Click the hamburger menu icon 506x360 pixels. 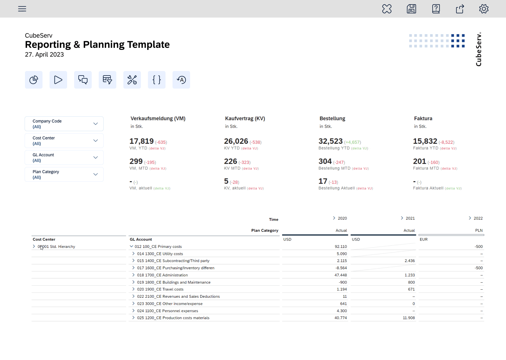[x=22, y=9]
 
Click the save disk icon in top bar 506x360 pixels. [x=411, y=9]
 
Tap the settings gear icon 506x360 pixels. [x=484, y=9]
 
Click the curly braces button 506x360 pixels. [x=157, y=80]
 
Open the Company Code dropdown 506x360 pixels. [x=64, y=124]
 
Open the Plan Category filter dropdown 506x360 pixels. [x=64, y=174]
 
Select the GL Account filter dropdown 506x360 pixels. [x=64, y=157]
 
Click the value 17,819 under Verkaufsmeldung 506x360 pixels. [x=142, y=141]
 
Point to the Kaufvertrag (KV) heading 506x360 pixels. [x=245, y=118]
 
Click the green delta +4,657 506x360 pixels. [x=352, y=142]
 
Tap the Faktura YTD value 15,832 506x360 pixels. [x=425, y=141]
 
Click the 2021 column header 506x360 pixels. [x=410, y=218]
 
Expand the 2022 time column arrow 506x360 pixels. [x=470, y=218]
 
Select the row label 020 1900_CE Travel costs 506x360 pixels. [x=160, y=289]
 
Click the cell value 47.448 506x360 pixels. [x=340, y=275]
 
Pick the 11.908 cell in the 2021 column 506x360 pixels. [x=409, y=318]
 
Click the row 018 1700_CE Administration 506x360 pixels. [x=162, y=275]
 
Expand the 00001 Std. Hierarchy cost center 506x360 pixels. [x=34, y=246]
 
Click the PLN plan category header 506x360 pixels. [x=479, y=231]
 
